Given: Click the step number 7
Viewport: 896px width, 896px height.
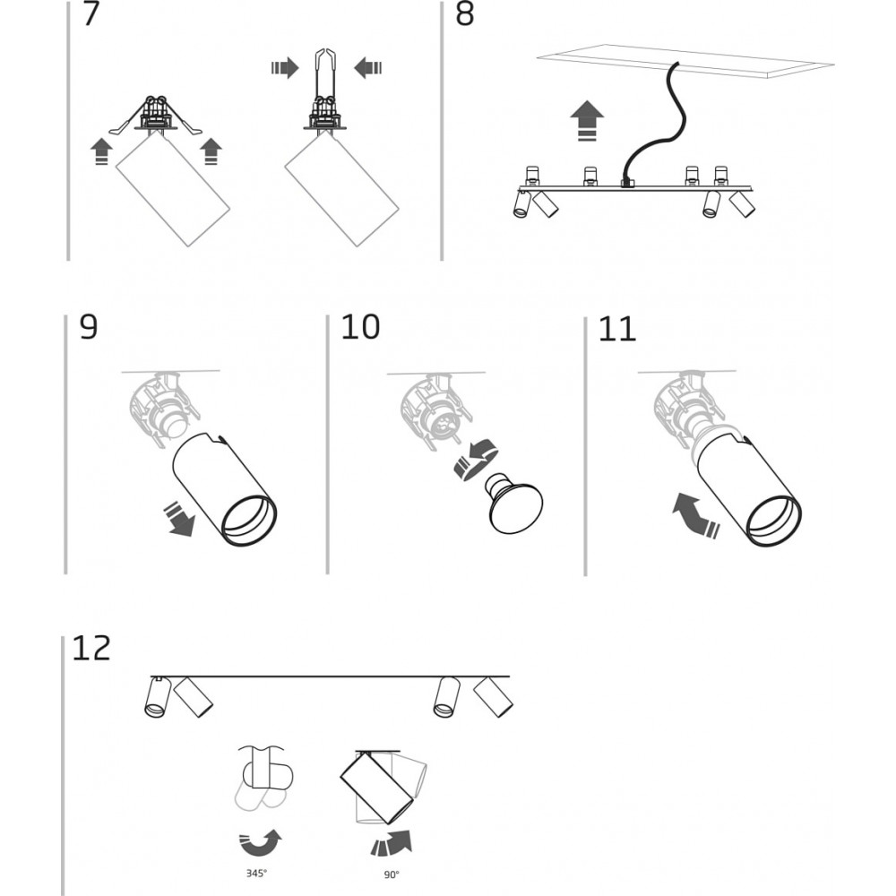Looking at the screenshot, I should pyautogui.click(x=91, y=15).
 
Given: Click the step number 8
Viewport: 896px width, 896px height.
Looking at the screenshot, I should pyautogui.click(x=465, y=15).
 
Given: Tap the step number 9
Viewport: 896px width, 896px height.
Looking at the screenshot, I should pyautogui.click(x=89, y=328).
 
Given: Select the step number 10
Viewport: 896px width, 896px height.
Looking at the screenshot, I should pyautogui.click(x=360, y=328).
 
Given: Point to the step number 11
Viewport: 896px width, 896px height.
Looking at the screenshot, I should pyautogui.click(x=616, y=329).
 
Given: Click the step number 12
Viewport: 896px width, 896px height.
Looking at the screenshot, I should pyautogui.click(x=92, y=648).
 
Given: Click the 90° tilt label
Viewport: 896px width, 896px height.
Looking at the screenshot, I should pyautogui.click(x=391, y=874).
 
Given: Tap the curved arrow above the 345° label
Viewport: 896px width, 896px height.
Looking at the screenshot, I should pyautogui.click(x=260, y=842).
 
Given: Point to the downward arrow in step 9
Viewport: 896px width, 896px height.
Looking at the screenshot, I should pyautogui.click(x=179, y=520).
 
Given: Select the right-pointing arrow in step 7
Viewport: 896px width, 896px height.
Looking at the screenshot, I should pyautogui.click(x=284, y=67).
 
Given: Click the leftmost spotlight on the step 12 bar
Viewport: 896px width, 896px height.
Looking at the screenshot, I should pyautogui.click(x=157, y=698).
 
